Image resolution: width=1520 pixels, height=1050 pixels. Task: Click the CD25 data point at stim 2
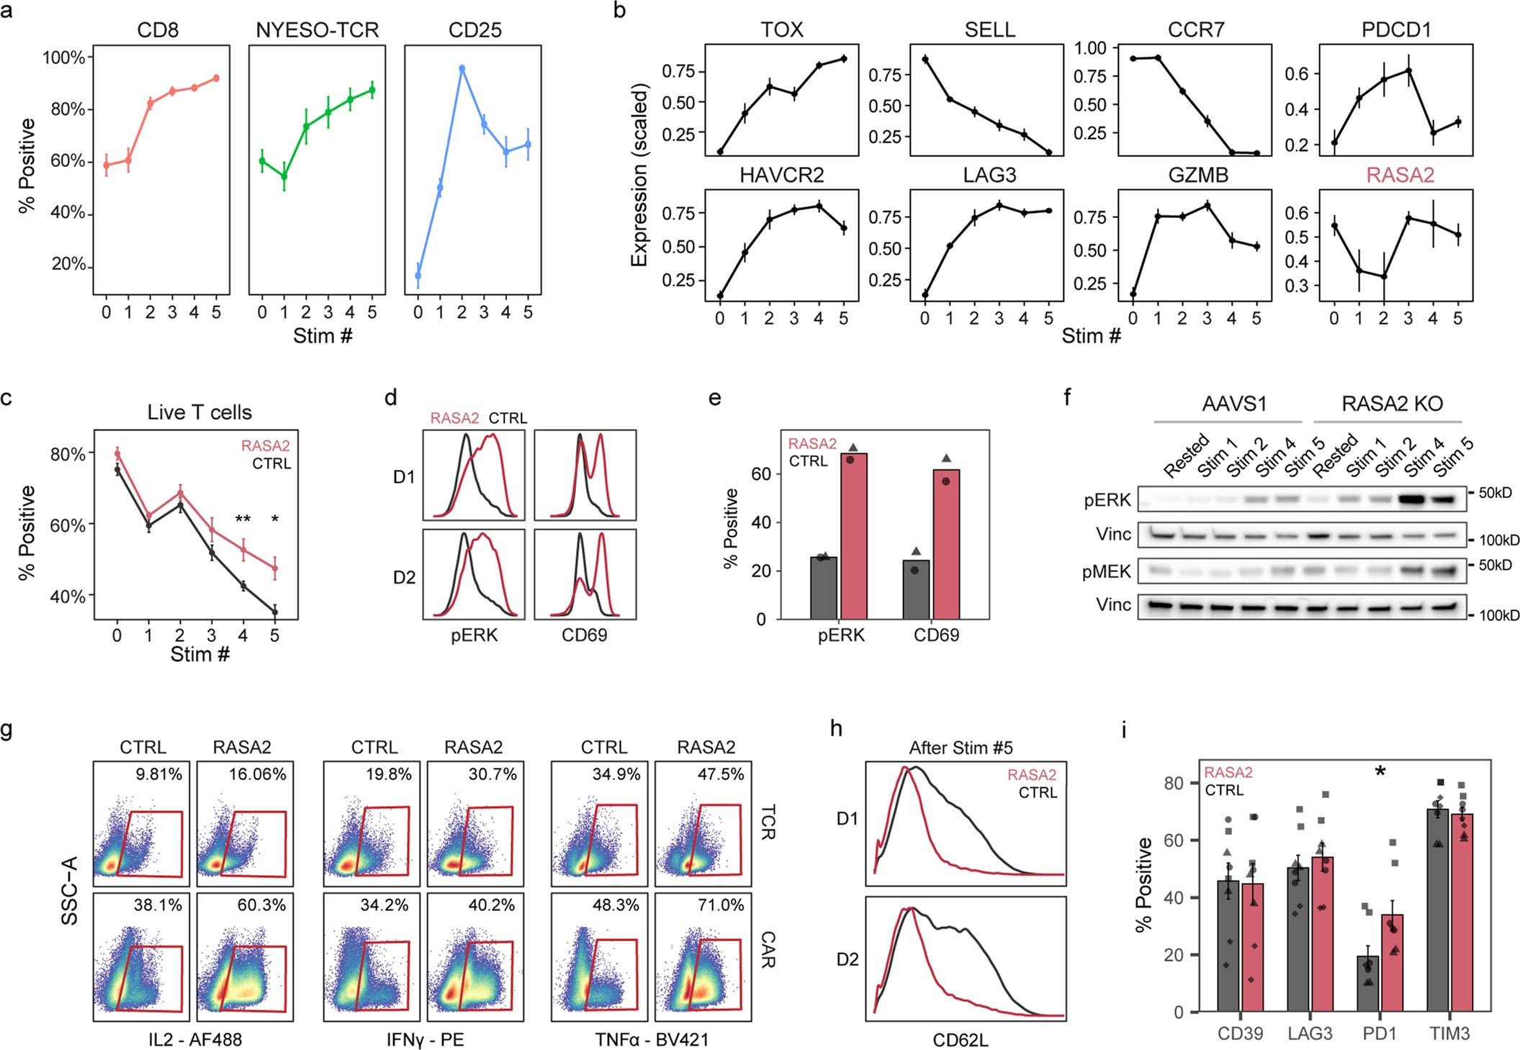tap(462, 69)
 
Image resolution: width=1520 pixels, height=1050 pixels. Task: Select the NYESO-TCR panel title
tap(317, 30)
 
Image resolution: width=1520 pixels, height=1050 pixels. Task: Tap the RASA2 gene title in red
tap(1400, 175)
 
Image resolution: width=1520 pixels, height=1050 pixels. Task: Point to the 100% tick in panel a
tap(64, 58)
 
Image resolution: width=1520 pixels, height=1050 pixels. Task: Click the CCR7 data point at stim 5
tap(1256, 153)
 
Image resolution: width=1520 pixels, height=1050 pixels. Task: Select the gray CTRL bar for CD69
tap(916, 589)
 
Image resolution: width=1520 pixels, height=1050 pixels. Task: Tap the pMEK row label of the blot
tap(1107, 572)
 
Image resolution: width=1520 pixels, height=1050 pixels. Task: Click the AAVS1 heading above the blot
tap(1233, 404)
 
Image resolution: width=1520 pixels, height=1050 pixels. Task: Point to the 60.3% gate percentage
tap(261, 905)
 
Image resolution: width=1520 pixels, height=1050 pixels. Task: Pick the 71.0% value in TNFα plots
tap(720, 905)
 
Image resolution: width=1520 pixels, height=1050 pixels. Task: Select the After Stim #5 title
tap(961, 748)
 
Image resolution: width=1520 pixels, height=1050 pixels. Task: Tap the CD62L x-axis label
tap(961, 1041)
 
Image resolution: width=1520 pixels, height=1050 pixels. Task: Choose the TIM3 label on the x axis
tap(1449, 1033)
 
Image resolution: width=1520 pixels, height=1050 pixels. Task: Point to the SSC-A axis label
tap(70, 890)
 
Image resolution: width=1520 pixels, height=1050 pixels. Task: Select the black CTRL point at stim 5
tap(274, 612)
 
